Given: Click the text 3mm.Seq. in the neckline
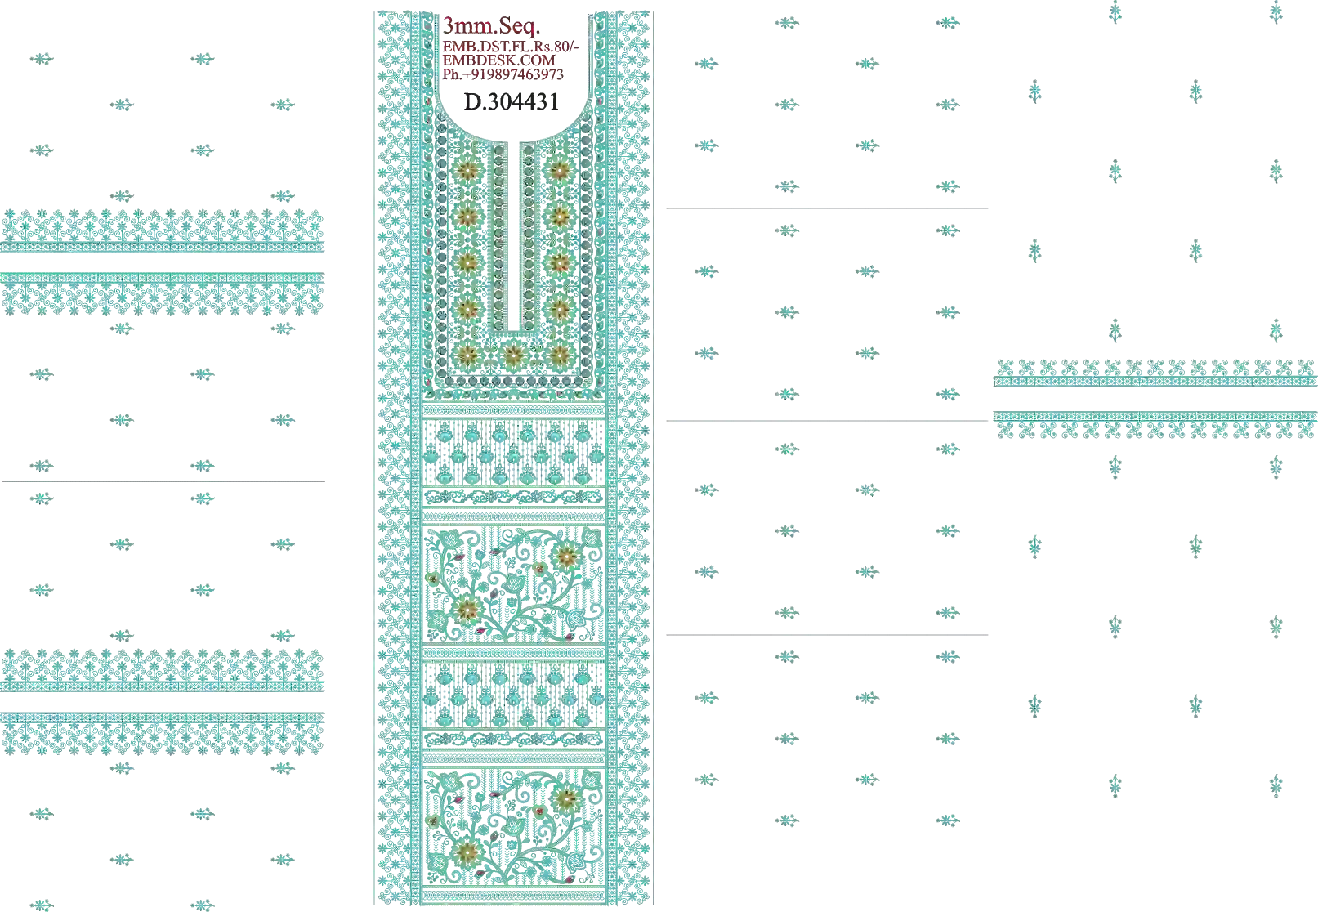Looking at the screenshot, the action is click(491, 26).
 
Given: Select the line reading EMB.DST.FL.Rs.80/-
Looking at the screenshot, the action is click(511, 47).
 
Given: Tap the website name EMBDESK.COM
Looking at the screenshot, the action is click(499, 60).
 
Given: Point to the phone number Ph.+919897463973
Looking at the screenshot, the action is click(503, 74).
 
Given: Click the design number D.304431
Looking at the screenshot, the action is click(512, 102).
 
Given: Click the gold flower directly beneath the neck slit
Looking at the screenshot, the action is click(514, 354).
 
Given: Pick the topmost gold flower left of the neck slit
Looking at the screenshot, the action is click(467, 172).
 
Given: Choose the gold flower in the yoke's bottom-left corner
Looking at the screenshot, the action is click(467, 354).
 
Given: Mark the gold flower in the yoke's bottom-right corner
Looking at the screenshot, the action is click(559, 354).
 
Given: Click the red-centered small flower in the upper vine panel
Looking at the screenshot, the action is click(539, 568).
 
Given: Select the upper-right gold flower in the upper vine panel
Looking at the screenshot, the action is click(565, 556).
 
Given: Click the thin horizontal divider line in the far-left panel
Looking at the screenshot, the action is click(163, 482).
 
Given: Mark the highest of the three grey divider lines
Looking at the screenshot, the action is click(827, 208).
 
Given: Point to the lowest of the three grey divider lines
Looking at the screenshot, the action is click(827, 635).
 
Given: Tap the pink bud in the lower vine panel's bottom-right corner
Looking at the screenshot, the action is click(569, 879).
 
